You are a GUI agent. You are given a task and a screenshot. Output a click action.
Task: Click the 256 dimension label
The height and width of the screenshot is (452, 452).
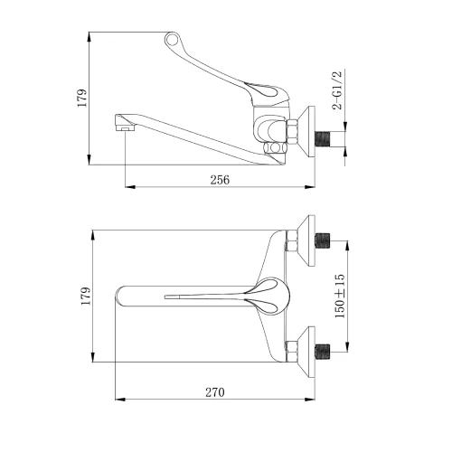(220, 180)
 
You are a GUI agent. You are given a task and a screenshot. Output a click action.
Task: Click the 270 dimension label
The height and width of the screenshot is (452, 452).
(215, 392)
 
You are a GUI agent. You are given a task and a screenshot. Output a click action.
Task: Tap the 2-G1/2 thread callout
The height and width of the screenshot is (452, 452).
(337, 90)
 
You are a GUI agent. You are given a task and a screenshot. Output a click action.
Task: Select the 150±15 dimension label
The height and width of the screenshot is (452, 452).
(340, 296)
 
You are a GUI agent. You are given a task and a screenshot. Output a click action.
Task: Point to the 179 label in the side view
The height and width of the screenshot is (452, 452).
(82, 98)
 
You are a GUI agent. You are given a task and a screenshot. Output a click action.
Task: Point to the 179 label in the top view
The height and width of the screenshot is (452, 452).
(86, 296)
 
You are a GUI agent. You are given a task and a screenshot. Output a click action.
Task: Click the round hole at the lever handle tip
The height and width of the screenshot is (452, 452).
(173, 40)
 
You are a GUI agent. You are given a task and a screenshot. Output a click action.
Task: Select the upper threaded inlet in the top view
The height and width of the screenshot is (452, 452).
(323, 240)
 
